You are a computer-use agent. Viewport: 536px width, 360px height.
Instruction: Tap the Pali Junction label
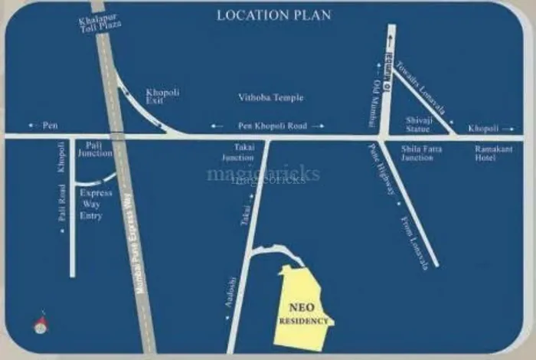click(x=94, y=149)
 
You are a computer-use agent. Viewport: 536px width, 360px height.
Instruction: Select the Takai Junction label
click(x=238, y=153)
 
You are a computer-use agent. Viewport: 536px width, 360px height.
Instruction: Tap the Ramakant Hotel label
click(x=494, y=153)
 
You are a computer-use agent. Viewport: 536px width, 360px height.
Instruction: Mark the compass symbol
click(x=41, y=324)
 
